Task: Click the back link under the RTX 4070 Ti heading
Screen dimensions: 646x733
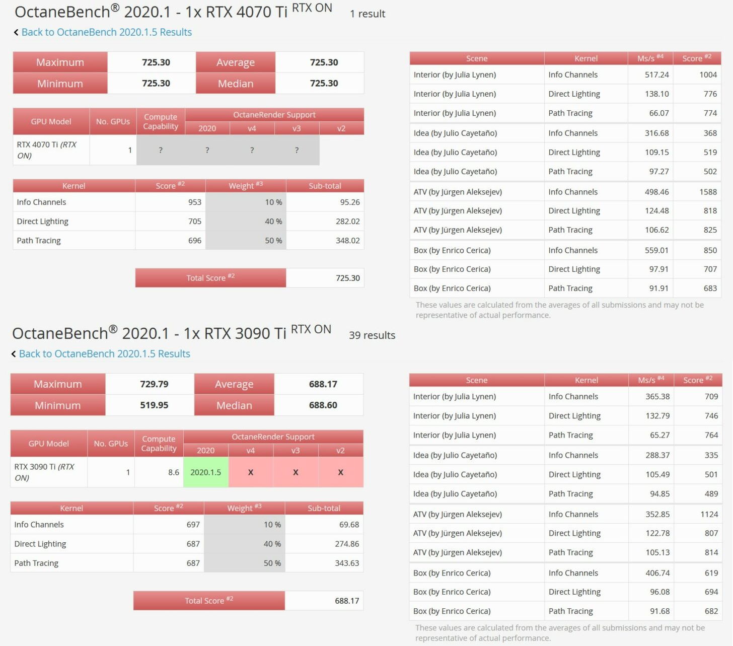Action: pos(106,32)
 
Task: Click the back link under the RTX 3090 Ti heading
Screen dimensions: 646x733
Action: pos(104,354)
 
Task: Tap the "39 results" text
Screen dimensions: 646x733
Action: pos(372,335)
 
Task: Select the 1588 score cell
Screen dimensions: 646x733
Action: pos(708,192)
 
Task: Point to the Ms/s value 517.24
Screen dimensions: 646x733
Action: pos(656,75)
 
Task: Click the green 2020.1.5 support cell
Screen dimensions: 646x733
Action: pos(205,472)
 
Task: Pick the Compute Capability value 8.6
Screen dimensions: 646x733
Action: pos(174,472)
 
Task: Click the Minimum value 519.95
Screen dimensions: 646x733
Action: pos(154,405)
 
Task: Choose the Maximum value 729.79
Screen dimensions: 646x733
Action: pos(154,384)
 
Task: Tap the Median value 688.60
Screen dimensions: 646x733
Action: pos(323,405)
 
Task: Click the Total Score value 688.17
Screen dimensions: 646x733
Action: pos(347,601)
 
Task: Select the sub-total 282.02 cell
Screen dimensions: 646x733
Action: pos(347,222)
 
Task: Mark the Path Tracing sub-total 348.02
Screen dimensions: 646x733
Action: pos(347,241)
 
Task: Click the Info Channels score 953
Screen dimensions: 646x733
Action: pos(194,202)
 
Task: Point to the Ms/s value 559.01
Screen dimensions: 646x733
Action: pos(656,250)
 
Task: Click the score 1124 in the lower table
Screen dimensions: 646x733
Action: pos(709,514)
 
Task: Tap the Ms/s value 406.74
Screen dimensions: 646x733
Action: pos(657,573)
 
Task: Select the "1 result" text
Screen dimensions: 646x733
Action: pos(368,14)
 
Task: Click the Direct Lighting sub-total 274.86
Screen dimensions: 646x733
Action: pos(347,544)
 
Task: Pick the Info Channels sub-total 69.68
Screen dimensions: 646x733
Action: pos(349,525)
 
